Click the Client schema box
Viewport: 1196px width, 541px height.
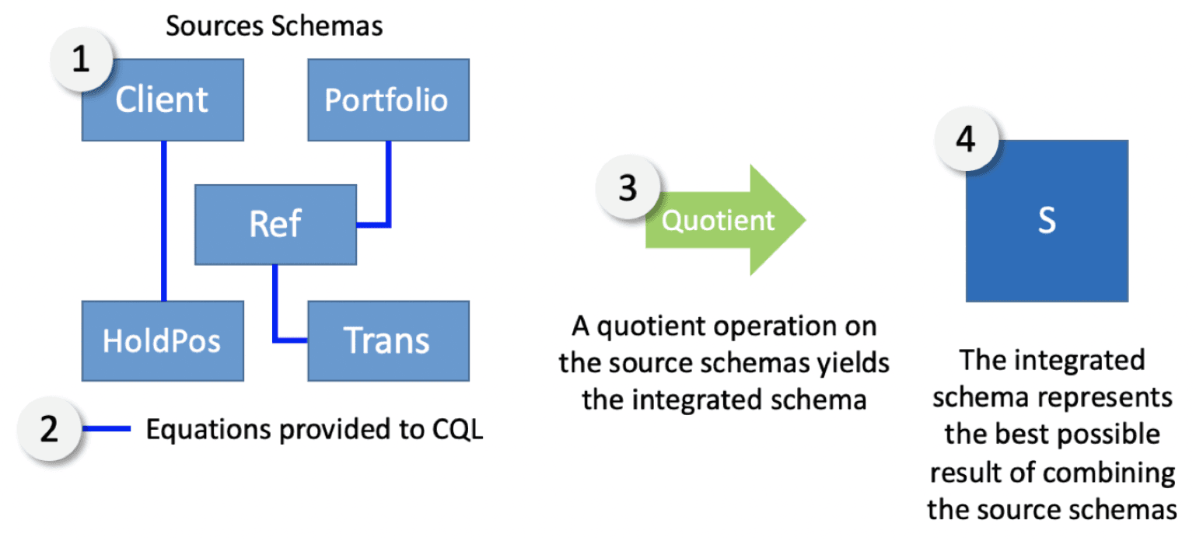click(163, 99)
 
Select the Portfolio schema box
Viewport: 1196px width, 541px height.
click(389, 99)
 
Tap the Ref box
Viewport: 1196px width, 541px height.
click(275, 225)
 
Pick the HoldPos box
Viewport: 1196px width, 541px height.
click(163, 341)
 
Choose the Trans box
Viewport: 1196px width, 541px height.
click(389, 341)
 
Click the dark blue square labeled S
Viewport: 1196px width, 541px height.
click(1047, 221)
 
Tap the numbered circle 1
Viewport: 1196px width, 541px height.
click(81, 60)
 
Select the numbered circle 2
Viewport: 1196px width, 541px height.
click(49, 428)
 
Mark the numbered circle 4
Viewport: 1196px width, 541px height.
click(966, 140)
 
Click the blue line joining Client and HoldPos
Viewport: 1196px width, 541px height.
click(164, 221)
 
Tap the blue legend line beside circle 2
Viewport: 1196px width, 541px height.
click(107, 428)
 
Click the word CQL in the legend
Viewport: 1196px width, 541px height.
click(457, 430)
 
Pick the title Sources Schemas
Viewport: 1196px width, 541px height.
click(275, 26)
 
